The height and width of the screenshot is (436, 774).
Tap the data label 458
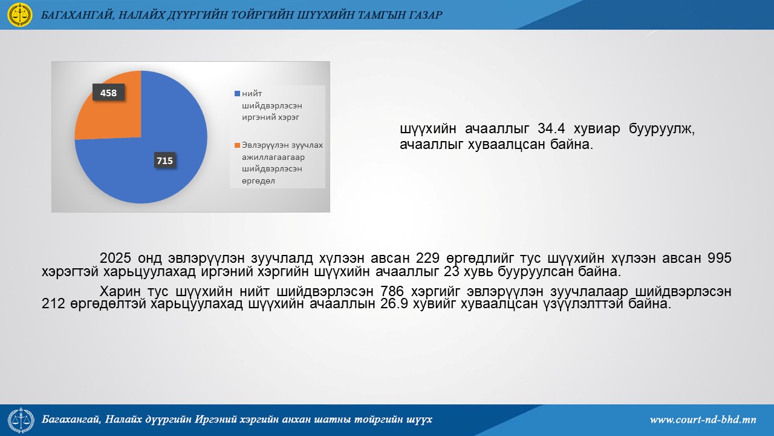(108, 93)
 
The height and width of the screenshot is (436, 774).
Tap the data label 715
(165, 160)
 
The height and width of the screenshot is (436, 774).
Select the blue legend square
(238, 93)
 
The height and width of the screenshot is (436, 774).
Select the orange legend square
(238, 145)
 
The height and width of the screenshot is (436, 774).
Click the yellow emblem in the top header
(20, 15)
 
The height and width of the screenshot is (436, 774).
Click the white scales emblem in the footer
(21, 420)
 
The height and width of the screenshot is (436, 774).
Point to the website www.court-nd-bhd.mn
(703, 420)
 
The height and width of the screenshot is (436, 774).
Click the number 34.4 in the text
(551, 129)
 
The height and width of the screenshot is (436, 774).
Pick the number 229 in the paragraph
(428, 258)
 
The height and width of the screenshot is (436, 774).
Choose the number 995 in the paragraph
(720, 258)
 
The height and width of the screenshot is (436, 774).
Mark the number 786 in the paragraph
(392, 291)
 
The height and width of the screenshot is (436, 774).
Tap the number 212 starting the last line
(53, 304)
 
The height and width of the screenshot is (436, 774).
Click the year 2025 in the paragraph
(115, 258)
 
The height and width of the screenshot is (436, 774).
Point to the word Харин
(120, 291)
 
